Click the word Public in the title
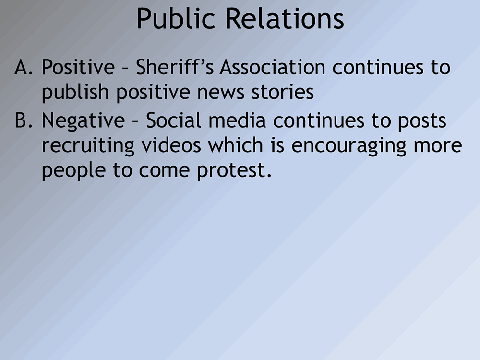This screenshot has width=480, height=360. pos(176,19)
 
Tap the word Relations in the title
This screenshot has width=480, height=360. pos(285,19)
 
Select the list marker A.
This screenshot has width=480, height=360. pos(24,67)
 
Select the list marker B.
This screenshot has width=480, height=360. pos(24,120)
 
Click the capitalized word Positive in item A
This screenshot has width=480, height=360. pos(78,67)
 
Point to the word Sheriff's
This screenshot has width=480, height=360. pos(175,67)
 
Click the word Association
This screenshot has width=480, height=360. pos(273,67)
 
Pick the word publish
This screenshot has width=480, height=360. pos(75,93)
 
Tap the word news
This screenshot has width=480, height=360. pos(221,93)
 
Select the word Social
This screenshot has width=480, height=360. pos(174,120)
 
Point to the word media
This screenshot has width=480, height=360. pos(237,120)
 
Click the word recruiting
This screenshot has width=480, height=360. pos(88,146)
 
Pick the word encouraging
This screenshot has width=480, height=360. pos(348,146)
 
